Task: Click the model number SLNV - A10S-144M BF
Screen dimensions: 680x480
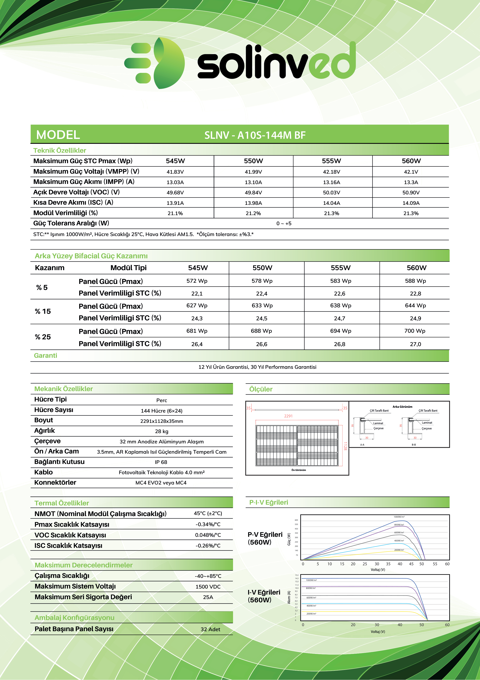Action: [x=255, y=135]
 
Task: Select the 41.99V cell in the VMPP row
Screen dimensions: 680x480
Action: [x=253, y=172]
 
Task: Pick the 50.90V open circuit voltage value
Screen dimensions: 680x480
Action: [x=411, y=192]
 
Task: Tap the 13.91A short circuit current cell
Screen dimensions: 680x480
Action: [x=175, y=203]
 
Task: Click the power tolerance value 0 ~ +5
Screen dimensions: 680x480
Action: [x=284, y=223]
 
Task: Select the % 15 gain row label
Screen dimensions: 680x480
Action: [x=43, y=311]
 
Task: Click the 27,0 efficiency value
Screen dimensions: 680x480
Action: [x=415, y=344]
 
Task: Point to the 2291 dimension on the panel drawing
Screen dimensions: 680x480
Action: [x=288, y=416]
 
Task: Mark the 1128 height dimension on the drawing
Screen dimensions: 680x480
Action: [x=345, y=446]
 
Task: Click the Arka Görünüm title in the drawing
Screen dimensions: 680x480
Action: [x=402, y=407]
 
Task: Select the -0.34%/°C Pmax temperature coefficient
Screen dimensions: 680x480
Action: [x=208, y=524]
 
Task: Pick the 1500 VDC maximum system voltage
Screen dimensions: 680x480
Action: [x=208, y=587]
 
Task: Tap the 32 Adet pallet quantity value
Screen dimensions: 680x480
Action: [x=210, y=629]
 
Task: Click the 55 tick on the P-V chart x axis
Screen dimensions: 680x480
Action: [x=435, y=564]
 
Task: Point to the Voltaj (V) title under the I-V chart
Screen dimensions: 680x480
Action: [x=378, y=632]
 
